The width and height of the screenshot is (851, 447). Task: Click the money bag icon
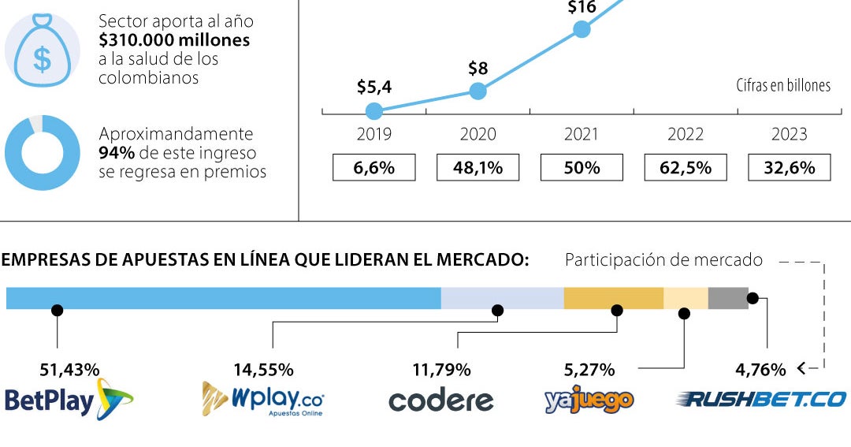click(x=43, y=50)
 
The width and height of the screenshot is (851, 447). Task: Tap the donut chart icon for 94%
click(x=17, y=163)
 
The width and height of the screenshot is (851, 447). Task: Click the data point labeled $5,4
click(x=374, y=111)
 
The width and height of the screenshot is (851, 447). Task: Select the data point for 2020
click(x=478, y=91)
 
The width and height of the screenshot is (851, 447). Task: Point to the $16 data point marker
click(x=582, y=29)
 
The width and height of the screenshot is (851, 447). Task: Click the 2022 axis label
click(x=686, y=134)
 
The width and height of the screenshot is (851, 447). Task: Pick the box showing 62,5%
click(x=686, y=167)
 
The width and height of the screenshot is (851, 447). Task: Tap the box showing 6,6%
click(x=374, y=167)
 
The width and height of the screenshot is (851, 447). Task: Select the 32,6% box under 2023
click(x=789, y=167)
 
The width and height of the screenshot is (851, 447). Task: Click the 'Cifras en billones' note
click(x=783, y=85)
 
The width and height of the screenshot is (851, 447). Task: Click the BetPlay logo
click(x=69, y=400)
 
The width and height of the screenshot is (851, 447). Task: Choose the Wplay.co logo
click(x=263, y=399)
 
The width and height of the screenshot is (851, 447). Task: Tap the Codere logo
click(x=441, y=400)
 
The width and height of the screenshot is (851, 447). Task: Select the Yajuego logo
click(x=589, y=401)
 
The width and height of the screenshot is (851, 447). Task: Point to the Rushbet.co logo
click(x=761, y=400)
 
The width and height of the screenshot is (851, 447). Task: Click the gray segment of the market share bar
click(x=728, y=298)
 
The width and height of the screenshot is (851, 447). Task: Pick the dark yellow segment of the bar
click(x=614, y=298)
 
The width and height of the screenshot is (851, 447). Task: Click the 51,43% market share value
click(x=69, y=370)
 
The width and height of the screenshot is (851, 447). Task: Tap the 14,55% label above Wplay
click(x=264, y=370)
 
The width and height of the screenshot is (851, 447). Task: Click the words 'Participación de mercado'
click(x=663, y=260)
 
